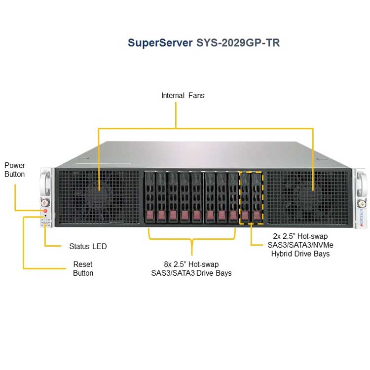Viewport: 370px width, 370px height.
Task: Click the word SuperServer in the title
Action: [x=160, y=43]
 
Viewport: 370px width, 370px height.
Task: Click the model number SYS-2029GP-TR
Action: [x=238, y=43]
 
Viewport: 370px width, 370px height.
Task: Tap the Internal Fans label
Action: [x=183, y=95]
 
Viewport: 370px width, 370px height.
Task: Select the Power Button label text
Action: [x=15, y=170]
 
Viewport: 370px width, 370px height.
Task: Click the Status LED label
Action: [x=88, y=246]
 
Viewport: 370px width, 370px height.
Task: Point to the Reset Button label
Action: [x=83, y=268]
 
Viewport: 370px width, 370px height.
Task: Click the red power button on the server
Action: [x=45, y=211]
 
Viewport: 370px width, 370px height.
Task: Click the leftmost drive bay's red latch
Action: [x=150, y=215]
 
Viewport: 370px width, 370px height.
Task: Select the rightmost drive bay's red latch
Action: [x=257, y=216]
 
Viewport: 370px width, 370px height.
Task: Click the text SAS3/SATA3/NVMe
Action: [x=300, y=245]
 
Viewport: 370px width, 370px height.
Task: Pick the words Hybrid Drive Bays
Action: [x=300, y=254]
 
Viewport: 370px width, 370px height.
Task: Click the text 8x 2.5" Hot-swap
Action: [x=191, y=264]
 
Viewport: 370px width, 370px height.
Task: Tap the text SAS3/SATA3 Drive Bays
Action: [x=191, y=273]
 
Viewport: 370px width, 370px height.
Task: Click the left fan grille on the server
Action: [x=99, y=197]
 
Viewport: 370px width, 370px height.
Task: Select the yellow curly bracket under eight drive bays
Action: [x=192, y=239]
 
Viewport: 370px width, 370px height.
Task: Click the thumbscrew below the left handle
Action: [x=45, y=202]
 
